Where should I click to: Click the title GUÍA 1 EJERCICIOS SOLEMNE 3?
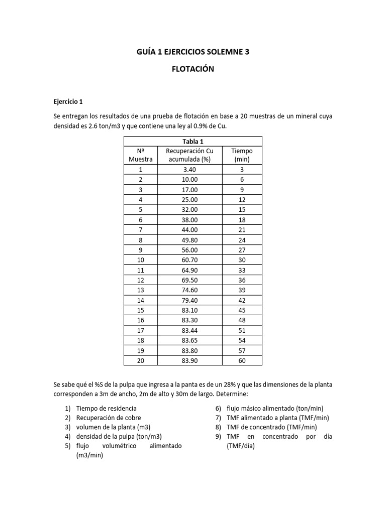tap(193, 52)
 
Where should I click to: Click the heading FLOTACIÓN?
tap(193, 69)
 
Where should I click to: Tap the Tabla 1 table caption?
tap(193, 141)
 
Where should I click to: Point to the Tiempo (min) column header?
tap(242, 155)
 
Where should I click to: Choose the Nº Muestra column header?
tap(141, 155)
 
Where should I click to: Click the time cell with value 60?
tap(242, 361)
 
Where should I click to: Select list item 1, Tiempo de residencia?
tap(106, 409)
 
